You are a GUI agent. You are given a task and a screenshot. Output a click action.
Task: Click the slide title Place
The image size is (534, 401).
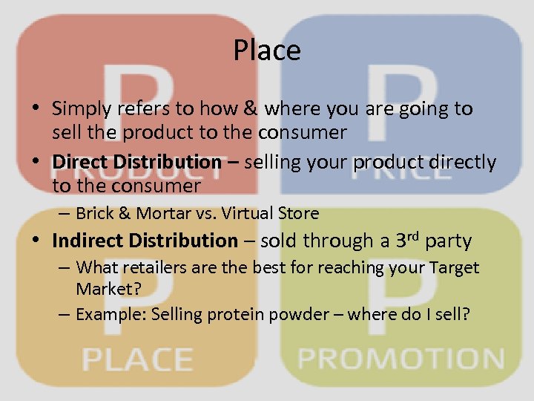(x=267, y=50)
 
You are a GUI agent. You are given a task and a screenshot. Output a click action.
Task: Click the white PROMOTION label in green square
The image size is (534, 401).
(x=400, y=359)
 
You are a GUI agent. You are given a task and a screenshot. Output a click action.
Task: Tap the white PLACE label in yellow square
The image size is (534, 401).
(x=137, y=359)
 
